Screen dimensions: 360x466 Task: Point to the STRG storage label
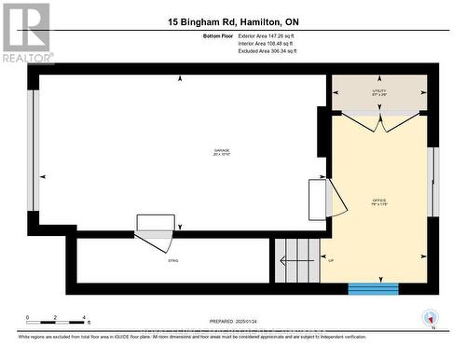pos(172,261)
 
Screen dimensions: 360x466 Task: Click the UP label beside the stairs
pos(331,260)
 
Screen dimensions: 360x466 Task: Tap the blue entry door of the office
pos(373,289)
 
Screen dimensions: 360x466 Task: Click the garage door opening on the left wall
pos(33,152)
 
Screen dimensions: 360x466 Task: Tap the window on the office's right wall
pos(432,181)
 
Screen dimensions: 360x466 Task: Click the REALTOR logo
pos(25,32)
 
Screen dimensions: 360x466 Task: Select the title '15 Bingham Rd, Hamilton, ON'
pos(234,21)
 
